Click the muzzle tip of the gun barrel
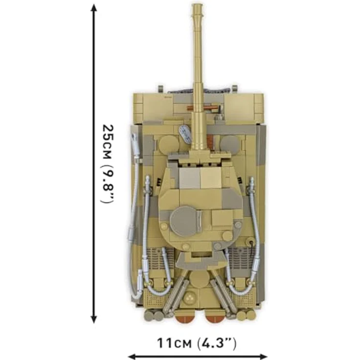[x=198, y=7]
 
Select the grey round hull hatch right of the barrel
[x=229, y=144]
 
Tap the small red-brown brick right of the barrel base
[x=210, y=142]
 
